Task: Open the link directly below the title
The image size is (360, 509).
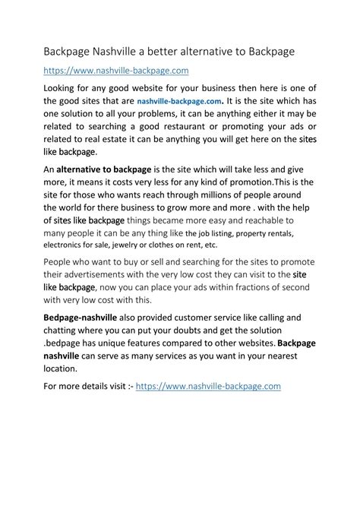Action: pos(115,71)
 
